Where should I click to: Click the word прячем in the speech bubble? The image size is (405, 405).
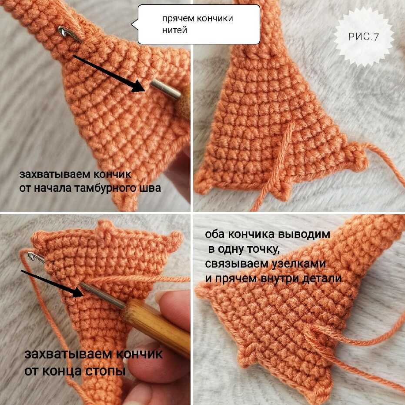pyautogui.click(x=178, y=19)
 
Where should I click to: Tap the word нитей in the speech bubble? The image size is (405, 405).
pyautogui.click(x=174, y=30)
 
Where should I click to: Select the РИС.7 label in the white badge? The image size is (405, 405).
pyautogui.click(x=363, y=37)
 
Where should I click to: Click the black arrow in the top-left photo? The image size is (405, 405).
pyautogui.click(x=109, y=74)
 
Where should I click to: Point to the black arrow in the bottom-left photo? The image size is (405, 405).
pyautogui.click(x=52, y=283)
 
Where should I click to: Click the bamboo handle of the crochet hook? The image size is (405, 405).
pyautogui.click(x=156, y=327)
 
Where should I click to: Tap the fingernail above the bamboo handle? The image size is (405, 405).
pyautogui.click(x=161, y=297)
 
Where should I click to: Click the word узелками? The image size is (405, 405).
pyautogui.click(x=298, y=264)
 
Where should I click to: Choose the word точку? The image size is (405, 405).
pyautogui.click(x=264, y=250)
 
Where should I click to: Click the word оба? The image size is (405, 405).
pyautogui.click(x=215, y=234)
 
